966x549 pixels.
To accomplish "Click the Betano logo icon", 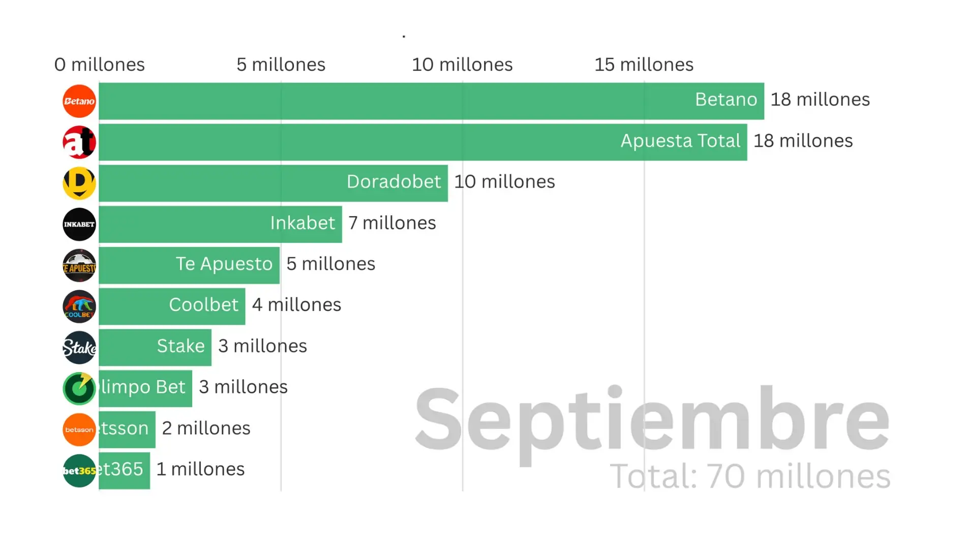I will point(79,101).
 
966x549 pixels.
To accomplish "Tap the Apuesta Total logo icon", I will point(79,142).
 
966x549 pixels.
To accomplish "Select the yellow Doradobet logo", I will point(79,183).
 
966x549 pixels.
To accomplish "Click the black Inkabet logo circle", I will point(79,224).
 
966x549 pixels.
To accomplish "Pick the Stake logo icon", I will point(79,348).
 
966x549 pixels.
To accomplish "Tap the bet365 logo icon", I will point(79,471).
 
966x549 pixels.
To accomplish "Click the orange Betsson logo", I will point(79,430).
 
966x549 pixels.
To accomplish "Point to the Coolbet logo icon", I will point(79,307).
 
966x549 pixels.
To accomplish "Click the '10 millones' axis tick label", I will point(462,65).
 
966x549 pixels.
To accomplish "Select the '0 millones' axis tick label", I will point(100,65).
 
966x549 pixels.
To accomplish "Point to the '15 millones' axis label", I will point(644,65).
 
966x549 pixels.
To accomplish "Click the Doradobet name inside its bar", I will point(394,181).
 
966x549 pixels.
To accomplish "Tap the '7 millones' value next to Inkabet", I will point(392,223).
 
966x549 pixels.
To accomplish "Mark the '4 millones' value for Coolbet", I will point(296,304).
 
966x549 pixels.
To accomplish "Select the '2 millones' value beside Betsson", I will point(206,428).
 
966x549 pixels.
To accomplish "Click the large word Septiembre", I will point(652,419).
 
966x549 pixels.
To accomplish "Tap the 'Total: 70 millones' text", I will point(750,476).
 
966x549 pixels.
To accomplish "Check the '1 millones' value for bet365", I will point(200,469).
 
